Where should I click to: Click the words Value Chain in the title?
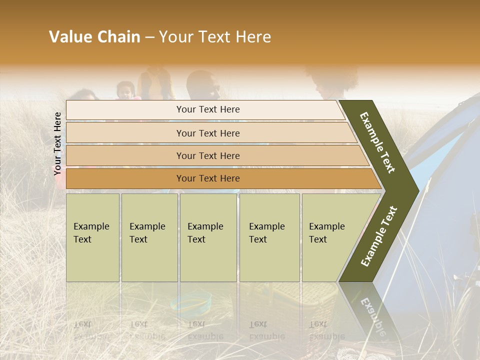[94, 37]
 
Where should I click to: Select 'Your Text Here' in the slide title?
[215, 37]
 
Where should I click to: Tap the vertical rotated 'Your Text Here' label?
[58, 143]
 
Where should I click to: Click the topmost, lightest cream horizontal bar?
[207, 109]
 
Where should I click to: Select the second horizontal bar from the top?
[207, 133]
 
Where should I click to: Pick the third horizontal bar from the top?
[207, 155]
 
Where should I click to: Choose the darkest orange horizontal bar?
[207, 178]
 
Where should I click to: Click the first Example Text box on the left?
[92, 237]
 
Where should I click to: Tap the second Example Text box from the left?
[149, 237]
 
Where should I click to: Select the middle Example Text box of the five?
[208, 237]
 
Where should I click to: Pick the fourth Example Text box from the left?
[269, 237]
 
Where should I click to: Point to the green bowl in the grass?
[190, 302]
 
